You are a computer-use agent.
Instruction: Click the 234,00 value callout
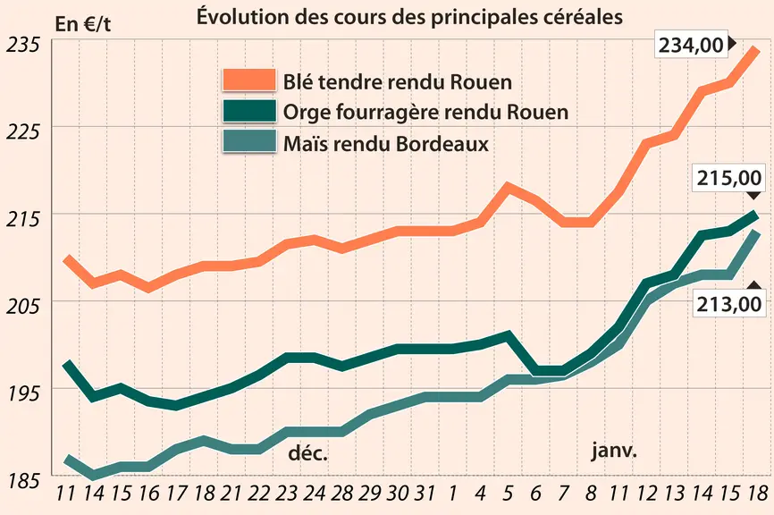[x=691, y=45]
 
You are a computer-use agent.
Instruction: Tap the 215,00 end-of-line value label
[x=729, y=178]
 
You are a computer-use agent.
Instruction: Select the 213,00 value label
[x=729, y=304]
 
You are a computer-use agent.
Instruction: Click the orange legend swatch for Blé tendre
[x=248, y=80]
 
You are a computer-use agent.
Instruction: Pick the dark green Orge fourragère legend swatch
[x=248, y=111]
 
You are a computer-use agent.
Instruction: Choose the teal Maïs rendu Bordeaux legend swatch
[x=248, y=141]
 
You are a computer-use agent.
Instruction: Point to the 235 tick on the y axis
[x=22, y=45]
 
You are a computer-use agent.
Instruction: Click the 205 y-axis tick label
[x=22, y=307]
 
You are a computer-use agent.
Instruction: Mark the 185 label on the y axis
[x=22, y=480]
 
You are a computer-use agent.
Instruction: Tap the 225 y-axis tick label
[x=22, y=131]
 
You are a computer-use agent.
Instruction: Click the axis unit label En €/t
[x=83, y=24]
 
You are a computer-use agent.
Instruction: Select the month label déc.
[x=308, y=452]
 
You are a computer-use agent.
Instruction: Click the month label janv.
[x=615, y=452]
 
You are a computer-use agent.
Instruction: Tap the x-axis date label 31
[x=424, y=493]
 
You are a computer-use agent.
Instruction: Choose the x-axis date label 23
[x=286, y=493]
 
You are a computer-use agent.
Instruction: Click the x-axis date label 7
[x=563, y=493]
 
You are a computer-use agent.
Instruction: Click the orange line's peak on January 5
[x=508, y=187]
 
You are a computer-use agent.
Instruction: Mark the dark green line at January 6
[x=536, y=371]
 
